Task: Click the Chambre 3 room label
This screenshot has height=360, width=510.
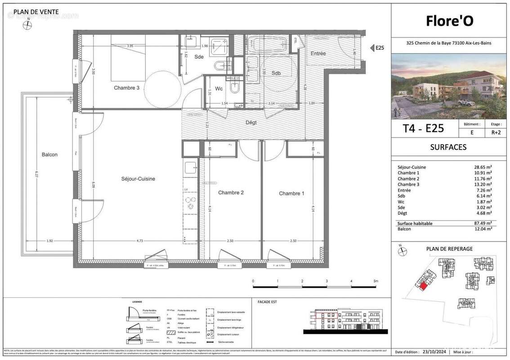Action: click(126, 88)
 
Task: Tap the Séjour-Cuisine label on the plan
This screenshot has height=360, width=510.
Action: click(138, 179)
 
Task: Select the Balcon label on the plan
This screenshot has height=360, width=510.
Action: click(50, 154)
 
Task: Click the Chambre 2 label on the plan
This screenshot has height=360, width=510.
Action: click(231, 193)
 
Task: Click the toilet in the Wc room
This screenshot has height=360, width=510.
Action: click(235, 88)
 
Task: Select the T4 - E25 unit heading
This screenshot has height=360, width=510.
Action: click(423, 129)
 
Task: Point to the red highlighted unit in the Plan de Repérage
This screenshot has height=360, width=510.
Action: click(423, 286)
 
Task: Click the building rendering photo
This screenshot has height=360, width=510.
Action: click(448, 86)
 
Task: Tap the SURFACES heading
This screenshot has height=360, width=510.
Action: click(448, 147)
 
